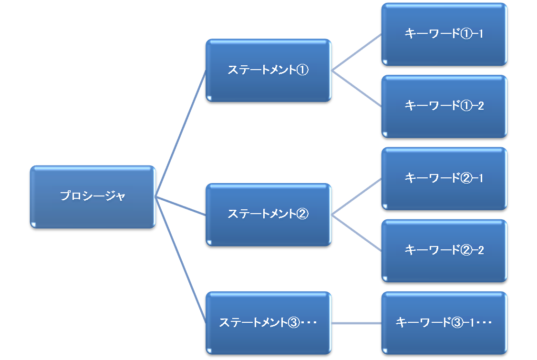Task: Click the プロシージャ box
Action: click(93, 196)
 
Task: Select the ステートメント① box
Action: click(268, 70)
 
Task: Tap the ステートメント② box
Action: click(268, 215)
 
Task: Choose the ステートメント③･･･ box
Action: click(268, 323)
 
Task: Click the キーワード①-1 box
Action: click(444, 34)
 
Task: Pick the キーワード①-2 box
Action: click(444, 106)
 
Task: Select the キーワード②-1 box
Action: click(444, 179)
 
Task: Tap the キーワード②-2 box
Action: click(444, 251)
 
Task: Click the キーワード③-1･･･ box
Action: click(444, 323)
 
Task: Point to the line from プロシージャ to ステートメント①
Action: click(181, 134)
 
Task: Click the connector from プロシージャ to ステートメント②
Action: click(181, 206)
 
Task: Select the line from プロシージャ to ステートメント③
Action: click(181, 260)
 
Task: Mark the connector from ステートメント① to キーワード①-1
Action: click(356, 52)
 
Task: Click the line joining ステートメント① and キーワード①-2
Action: click(356, 89)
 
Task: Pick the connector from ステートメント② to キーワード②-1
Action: click(356, 197)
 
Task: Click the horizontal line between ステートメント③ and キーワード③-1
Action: click(356, 323)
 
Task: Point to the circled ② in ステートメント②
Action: click(303, 214)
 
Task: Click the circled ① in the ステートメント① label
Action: click(303, 70)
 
